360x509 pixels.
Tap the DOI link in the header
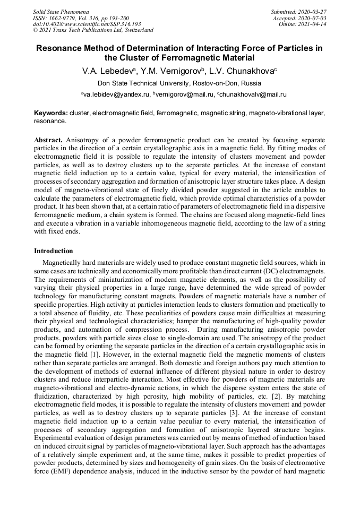pos(87,24)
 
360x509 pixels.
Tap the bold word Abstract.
pos(48,139)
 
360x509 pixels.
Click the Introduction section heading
pos(54,251)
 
